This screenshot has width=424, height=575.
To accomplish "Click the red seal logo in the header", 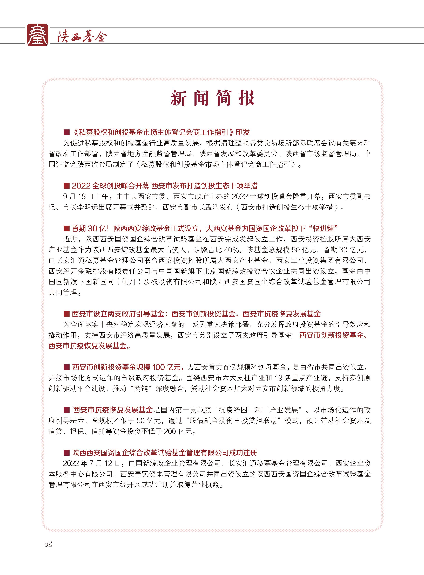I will [37, 35].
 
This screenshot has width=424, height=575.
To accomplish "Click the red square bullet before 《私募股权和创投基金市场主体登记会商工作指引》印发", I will [67, 133].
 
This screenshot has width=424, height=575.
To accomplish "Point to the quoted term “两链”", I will [141, 389].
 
